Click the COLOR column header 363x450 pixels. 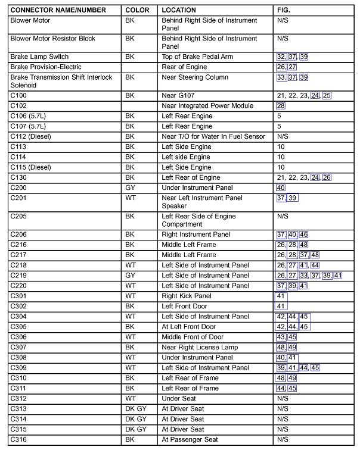pos(137,10)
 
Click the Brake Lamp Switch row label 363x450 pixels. pos(39,57)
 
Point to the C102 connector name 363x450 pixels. pos(18,106)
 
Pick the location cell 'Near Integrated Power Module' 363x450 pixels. pos(207,106)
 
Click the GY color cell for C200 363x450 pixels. pos(131,188)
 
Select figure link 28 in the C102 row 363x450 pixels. pos(281,106)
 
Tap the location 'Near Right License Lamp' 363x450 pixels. pos(200,348)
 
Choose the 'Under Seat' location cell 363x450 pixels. pos(179,399)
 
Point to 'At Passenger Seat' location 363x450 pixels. pos(190,440)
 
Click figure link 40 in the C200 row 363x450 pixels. pos(281,188)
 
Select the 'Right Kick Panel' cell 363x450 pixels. pos(187,296)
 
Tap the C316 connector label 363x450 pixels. pos(18,440)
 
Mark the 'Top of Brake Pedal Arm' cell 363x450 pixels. pos(197,57)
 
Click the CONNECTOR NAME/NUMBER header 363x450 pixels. pos(58,10)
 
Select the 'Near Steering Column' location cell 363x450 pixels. pos(195,77)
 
